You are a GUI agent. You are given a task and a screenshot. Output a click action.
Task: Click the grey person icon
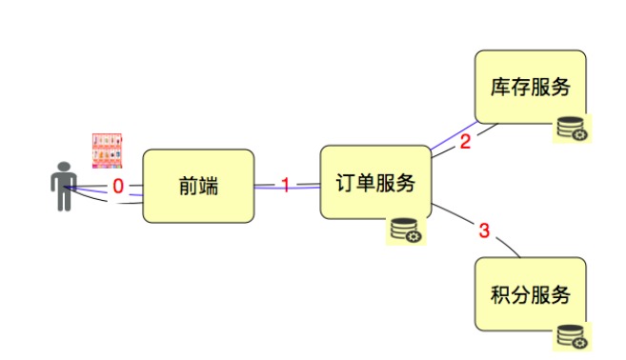coord(64,186)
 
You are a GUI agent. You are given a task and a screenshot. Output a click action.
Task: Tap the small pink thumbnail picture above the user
coord(108,150)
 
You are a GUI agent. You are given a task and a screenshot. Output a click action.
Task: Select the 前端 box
coord(198,186)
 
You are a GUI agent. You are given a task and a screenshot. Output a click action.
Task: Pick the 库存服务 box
coord(531,88)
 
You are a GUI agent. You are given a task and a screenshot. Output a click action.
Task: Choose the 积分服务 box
coord(531,294)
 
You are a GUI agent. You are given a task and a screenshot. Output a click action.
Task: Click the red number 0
coord(118,186)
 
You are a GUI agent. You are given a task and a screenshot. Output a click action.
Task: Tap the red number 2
coord(465,143)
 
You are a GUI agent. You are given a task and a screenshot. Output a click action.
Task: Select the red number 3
coord(484,230)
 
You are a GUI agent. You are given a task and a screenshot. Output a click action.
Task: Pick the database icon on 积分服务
coord(572,336)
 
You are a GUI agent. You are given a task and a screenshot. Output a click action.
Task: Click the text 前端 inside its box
coord(198,186)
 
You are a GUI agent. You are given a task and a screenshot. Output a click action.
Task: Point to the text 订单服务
coord(376,183)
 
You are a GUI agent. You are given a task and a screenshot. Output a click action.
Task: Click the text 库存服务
coord(531,88)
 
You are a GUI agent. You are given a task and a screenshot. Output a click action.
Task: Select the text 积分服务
coord(531,294)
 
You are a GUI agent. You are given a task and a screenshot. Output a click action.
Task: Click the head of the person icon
coord(64,167)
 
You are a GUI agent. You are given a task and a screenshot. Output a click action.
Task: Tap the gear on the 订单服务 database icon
coord(414,235)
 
